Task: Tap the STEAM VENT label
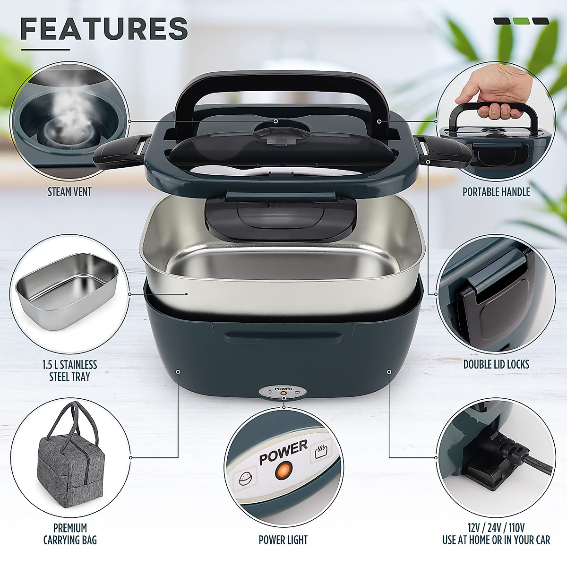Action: [69, 192]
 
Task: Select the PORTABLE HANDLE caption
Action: [496, 192]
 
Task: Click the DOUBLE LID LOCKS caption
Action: [496, 364]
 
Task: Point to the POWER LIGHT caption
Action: [283, 540]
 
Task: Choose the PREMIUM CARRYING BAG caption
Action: [70, 533]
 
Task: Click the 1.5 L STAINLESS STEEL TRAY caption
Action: [69, 370]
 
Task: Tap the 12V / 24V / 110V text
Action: [496, 528]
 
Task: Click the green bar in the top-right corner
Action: [521, 21]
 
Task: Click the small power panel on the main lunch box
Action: [283, 393]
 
